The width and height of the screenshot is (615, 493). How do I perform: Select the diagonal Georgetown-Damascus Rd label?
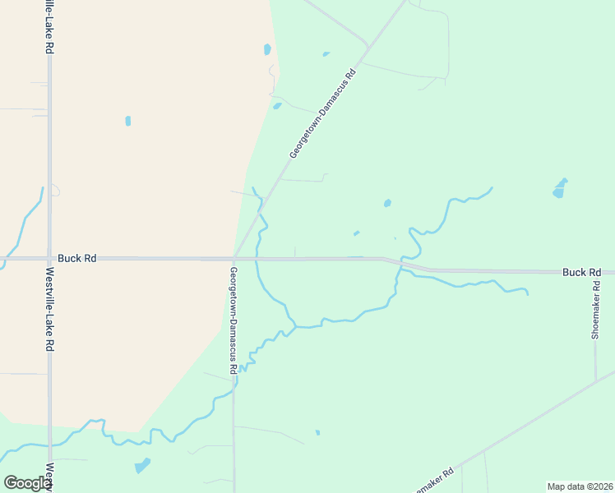[323, 113]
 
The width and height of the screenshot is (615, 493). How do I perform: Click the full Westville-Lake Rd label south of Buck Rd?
[50, 310]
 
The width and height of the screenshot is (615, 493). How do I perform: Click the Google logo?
[28, 483]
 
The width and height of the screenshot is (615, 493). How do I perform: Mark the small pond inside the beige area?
[128, 121]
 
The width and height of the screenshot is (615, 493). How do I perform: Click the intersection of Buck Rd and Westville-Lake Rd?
[49, 258]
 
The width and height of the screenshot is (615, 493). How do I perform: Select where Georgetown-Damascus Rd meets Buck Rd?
[235, 258]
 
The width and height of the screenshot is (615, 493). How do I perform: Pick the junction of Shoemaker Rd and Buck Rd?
[597, 271]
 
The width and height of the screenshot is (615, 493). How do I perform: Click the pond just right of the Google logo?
[143, 465]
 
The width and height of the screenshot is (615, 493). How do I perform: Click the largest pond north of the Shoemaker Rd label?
[560, 189]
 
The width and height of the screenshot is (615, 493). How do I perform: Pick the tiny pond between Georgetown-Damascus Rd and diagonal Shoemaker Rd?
[317, 432]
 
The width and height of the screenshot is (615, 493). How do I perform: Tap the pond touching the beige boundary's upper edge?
[267, 49]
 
